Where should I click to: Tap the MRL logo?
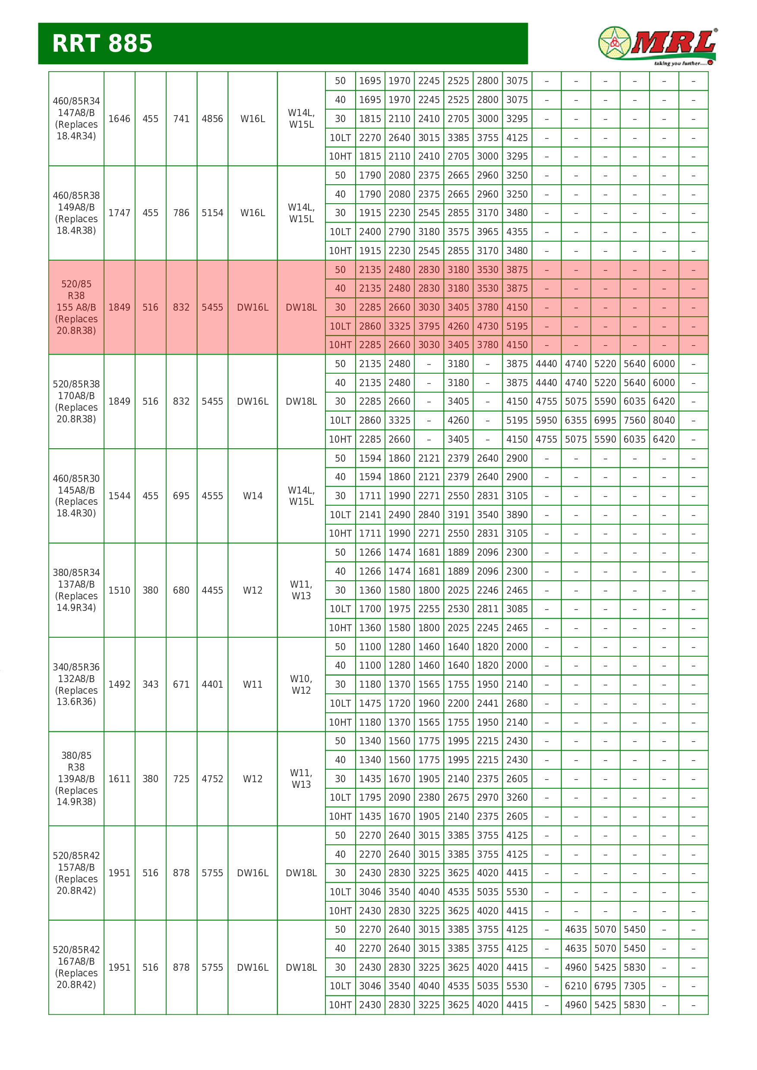click(657, 46)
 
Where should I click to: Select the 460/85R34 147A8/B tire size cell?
click(76, 118)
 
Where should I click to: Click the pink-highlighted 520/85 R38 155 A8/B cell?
click(76, 307)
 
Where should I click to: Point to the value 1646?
click(119, 119)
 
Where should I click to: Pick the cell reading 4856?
click(212, 119)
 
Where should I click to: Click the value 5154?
click(212, 213)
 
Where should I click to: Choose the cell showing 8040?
click(664, 420)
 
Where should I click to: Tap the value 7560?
click(634, 420)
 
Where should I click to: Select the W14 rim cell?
click(252, 496)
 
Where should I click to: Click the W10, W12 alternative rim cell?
click(301, 684)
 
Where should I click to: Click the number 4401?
click(212, 684)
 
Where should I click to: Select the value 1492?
click(119, 684)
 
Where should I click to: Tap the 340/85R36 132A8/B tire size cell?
click(76, 684)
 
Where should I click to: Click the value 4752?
click(212, 779)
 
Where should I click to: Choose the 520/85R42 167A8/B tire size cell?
click(76, 967)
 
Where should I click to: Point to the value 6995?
click(605, 420)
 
